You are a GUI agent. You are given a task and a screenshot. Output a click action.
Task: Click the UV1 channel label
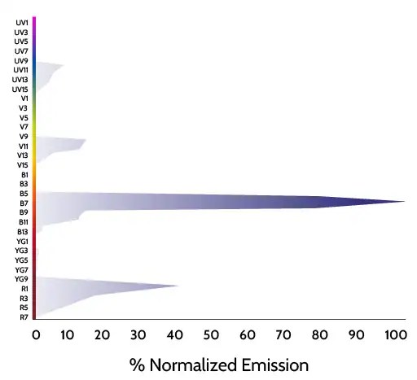pyautogui.click(x=22, y=23)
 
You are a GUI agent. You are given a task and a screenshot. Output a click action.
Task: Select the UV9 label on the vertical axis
pyautogui.click(x=21, y=61)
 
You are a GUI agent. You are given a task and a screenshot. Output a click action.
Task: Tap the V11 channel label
pyautogui.click(x=24, y=146)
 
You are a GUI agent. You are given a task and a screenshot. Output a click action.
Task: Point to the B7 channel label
pyautogui.click(x=24, y=203)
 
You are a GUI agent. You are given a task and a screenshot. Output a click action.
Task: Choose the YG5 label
pyautogui.click(x=21, y=260)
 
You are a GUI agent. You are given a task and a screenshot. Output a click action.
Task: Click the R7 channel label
pyautogui.click(x=24, y=317)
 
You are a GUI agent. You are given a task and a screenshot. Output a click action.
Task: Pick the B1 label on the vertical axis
pyautogui.click(x=24, y=175)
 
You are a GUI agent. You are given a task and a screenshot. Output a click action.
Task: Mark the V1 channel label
pyautogui.click(x=24, y=98)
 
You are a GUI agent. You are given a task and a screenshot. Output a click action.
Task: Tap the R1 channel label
pyautogui.click(x=24, y=289)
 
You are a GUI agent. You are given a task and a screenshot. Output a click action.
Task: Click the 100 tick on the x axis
pyautogui.click(x=396, y=335)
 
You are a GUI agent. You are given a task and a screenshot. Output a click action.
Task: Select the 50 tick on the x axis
pyautogui.click(x=211, y=335)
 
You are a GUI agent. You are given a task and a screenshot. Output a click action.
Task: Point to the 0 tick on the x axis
pyautogui.click(x=36, y=335)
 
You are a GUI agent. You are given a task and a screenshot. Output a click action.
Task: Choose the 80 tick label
pyautogui.click(x=320, y=335)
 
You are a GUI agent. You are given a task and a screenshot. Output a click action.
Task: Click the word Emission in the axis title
pyautogui.click(x=275, y=365)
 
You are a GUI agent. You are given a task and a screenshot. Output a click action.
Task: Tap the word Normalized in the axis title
pyautogui.click(x=193, y=365)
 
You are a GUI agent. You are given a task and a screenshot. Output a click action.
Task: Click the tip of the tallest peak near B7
pyautogui.click(x=405, y=201)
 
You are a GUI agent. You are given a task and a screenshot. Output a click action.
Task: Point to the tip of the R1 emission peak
pyautogui.click(x=178, y=286)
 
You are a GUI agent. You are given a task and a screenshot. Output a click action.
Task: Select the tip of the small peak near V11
pyautogui.click(x=86, y=140)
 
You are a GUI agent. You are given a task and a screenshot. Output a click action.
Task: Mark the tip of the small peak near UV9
pyautogui.click(x=64, y=65)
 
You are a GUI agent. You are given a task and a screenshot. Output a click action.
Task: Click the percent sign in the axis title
pyautogui.click(x=137, y=365)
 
